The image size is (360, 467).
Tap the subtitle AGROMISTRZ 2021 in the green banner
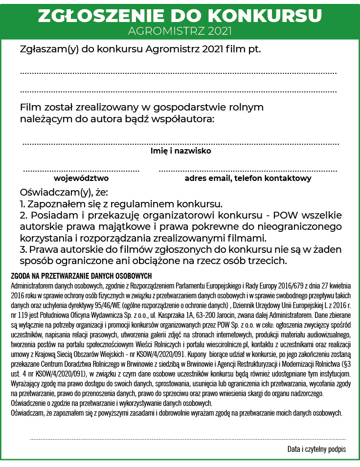(x=180, y=31)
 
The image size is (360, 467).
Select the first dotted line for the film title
(x=179, y=73)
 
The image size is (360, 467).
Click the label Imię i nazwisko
(x=180, y=151)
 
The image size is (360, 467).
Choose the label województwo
(x=81, y=178)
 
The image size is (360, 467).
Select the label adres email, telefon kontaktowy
(x=248, y=178)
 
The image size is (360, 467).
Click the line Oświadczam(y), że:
(x=64, y=192)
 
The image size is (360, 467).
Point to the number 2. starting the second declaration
(x=24, y=216)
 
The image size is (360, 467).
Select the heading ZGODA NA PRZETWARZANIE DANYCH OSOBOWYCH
(x=81, y=276)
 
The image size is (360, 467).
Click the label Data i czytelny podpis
(x=316, y=449)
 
